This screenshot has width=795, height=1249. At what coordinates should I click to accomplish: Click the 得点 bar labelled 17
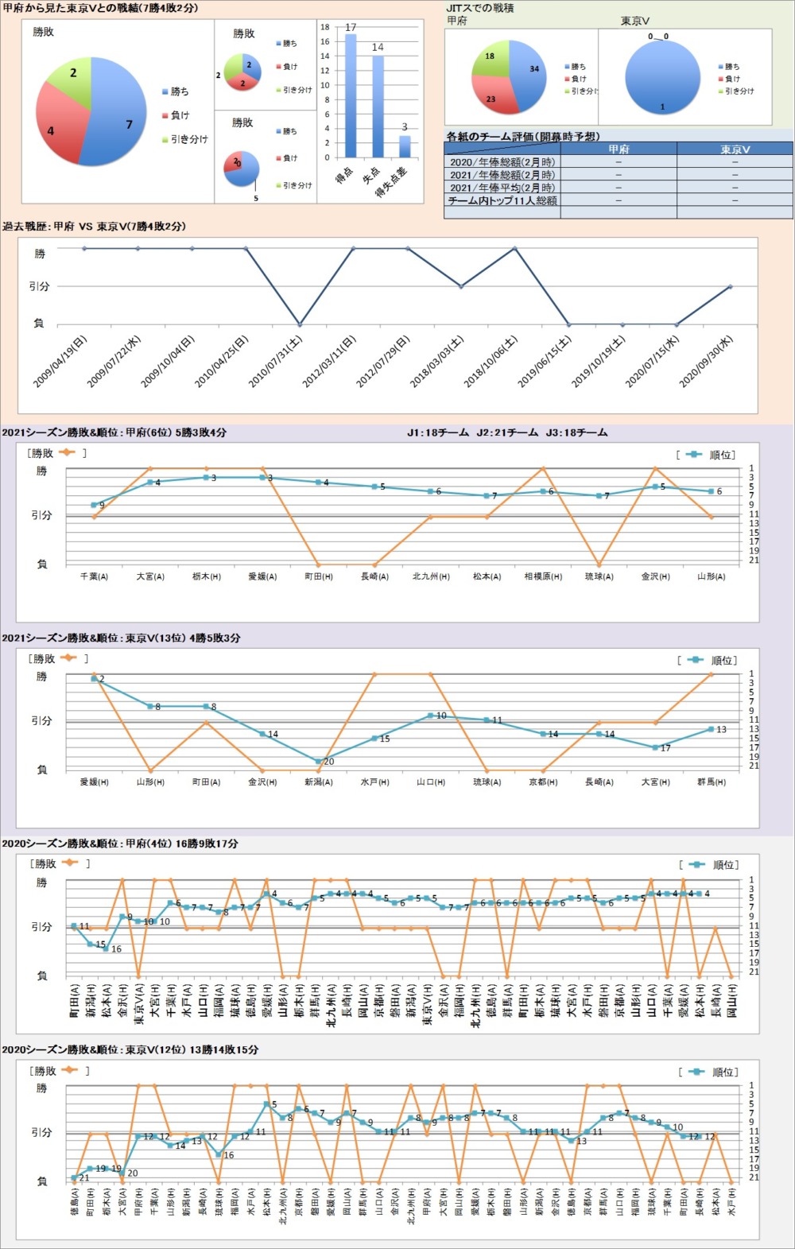pos(351,95)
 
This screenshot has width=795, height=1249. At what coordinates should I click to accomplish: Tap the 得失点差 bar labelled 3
pos(405,146)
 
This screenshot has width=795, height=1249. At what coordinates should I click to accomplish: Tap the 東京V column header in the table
pos(735,149)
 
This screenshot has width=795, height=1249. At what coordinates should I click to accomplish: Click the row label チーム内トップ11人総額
pos(502,200)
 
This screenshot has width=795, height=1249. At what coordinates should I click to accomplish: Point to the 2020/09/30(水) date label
pos(707,363)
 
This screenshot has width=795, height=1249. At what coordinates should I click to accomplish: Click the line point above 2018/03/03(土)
pos(461,286)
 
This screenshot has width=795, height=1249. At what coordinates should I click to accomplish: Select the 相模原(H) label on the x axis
pos(543,576)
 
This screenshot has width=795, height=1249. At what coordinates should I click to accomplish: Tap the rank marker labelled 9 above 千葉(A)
pos(94,505)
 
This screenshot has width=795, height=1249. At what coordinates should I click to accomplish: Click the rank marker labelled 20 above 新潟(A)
pos(319,762)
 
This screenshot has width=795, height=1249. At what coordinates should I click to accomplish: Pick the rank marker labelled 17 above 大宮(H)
pos(655,747)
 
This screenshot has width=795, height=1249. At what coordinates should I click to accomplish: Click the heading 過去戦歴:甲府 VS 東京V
pos(94,227)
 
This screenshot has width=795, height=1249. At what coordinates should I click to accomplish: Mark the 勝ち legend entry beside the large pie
pos(180,91)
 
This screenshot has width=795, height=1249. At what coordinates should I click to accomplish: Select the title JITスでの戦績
pos(480,8)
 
